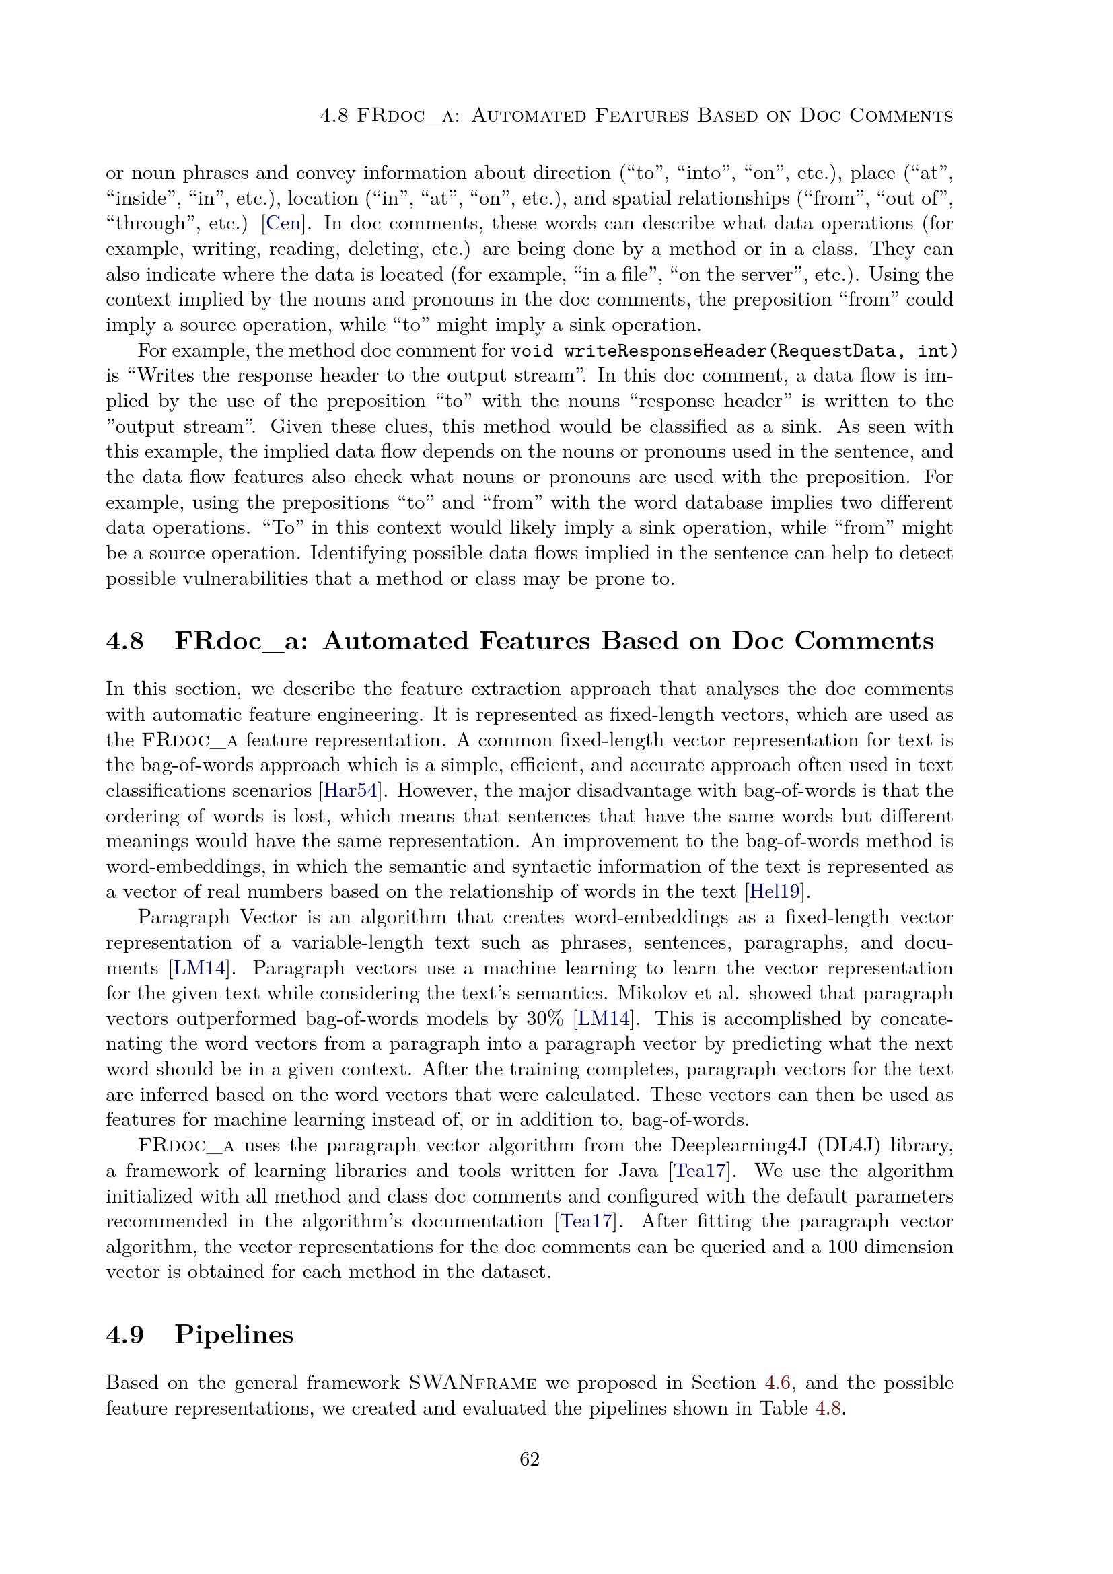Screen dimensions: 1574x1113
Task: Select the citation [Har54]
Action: [x=349, y=791]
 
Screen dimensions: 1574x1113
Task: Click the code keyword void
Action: [x=532, y=351]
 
